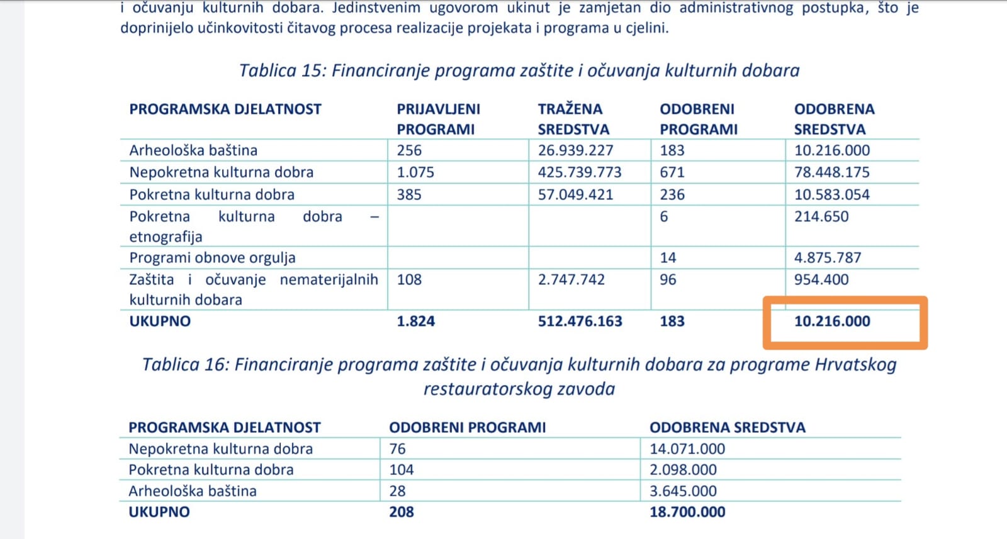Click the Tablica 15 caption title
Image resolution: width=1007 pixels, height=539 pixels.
(519, 70)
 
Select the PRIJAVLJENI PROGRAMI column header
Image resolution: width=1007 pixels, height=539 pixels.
(438, 119)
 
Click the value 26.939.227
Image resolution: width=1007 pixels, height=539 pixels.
(575, 150)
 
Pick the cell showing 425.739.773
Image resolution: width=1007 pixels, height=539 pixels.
(579, 172)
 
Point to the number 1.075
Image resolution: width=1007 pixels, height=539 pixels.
(415, 172)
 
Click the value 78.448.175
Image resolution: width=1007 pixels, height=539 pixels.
(831, 172)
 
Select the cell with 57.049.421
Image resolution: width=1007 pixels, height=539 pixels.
(575, 194)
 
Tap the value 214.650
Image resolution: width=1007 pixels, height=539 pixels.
(821, 216)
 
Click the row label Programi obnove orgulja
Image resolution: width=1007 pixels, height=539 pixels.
(212, 258)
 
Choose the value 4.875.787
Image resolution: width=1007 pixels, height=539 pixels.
(827, 258)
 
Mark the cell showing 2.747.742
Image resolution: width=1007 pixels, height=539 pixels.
(571, 279)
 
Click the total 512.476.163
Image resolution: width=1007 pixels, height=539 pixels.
(580, 321)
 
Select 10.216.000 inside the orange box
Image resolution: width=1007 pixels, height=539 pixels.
(832, 321)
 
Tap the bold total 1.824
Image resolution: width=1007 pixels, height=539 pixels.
(415, 321)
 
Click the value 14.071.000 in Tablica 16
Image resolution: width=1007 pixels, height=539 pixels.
(687, 449)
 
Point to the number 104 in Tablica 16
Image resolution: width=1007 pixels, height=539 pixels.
(402, 470)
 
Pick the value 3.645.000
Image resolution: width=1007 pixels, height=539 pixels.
(683, 491)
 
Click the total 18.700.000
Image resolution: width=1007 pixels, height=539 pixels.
(687, 512)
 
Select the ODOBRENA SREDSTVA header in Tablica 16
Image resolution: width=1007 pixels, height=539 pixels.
(727, 428)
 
